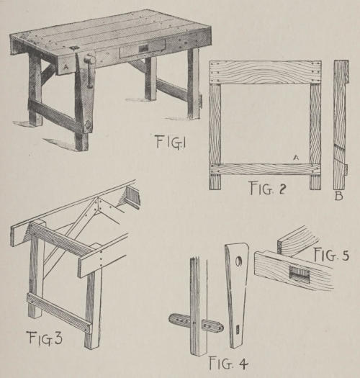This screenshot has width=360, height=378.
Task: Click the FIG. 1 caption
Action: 171,142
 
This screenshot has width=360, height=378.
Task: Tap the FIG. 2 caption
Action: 267,188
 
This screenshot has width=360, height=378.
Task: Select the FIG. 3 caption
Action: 45,338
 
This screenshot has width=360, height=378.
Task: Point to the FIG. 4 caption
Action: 228,363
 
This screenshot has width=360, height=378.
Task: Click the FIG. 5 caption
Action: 331,255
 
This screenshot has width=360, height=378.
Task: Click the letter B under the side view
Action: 339,196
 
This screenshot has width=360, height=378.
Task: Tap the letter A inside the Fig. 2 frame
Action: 296,158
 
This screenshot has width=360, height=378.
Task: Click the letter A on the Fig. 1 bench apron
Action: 66,68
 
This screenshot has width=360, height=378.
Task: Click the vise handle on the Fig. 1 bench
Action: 89,71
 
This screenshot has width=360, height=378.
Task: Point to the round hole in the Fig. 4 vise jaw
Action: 239,261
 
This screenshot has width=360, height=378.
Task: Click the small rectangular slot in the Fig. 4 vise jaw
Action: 237,328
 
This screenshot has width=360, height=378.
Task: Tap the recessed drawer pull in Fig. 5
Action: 299,272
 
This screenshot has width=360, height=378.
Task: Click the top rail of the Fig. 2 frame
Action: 265,72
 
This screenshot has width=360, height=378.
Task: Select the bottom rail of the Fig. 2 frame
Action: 265,169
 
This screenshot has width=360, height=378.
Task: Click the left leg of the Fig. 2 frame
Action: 215,137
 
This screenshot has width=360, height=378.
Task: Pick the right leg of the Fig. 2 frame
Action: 315,137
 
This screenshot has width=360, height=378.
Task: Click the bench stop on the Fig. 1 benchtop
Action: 73,48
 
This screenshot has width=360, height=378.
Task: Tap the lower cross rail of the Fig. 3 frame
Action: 60,313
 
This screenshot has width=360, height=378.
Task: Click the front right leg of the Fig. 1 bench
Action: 194,84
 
